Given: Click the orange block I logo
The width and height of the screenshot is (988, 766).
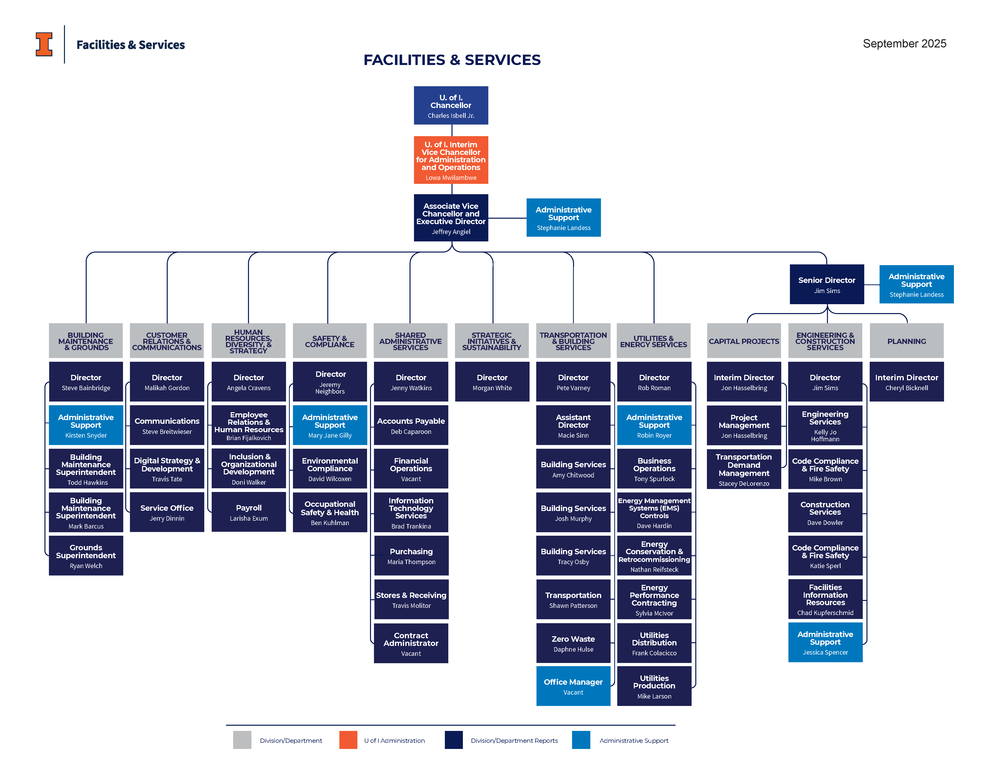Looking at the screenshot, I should tap(44, 44).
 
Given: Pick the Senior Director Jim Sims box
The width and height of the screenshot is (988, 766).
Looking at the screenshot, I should tap(826, 284).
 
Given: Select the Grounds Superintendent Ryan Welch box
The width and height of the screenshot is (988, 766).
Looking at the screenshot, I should tap(86, 556).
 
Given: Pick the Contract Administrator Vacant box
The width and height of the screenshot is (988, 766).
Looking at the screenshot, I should tap(411, 643).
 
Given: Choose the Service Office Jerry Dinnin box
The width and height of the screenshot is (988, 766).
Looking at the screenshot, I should tap(167, 512).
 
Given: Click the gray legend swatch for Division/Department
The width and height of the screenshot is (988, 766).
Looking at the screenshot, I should tap(242, 740).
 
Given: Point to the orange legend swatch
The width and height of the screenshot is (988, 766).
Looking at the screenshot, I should tap(348, 740).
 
